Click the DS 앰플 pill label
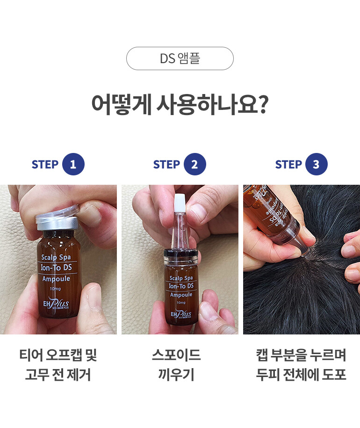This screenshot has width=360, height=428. [x=180, y=58]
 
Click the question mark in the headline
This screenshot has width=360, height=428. [x=263, y=104]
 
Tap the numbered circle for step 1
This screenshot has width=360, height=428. [x=73, y=164]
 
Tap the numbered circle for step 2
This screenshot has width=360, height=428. [x=194, y=164]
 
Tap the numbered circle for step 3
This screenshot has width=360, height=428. [x=317, y=164]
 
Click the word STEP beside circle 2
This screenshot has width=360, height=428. [x=166, y=165]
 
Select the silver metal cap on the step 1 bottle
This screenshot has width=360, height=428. [x=57, y=219]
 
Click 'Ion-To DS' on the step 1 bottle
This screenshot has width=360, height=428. [x=56, y=268]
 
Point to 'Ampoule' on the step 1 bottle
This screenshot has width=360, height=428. [x=56, y=279]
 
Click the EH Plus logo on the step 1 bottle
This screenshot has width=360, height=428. [x=56, y=303]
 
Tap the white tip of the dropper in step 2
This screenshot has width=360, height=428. [x=179, y=202]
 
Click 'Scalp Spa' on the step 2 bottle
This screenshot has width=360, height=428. [x=181, y=278]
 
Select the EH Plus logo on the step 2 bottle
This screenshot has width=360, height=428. [x=181, y=314]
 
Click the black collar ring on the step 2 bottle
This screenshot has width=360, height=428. [x=181, y=254]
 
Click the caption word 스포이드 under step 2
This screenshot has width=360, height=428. [x=176, y=355]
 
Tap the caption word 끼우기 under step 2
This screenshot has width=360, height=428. [x=176, y=374]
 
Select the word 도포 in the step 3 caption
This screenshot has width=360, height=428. [x=334, y=374]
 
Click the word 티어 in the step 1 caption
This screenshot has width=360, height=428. [x=31, y=355]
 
